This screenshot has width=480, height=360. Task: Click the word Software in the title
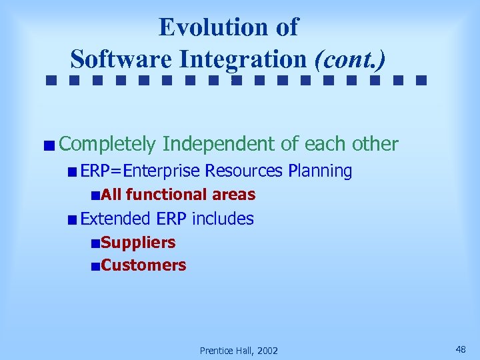(x=121, y=59)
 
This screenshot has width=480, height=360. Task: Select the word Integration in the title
(x=243, y=59)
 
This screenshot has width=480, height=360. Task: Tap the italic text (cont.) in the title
(x=350, y=59)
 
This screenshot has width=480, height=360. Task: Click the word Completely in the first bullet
(x=107, y=144)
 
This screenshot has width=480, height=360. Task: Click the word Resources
(x=244, y=171)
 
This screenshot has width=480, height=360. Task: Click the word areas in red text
(x=233, y=195)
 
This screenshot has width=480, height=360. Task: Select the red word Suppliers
(x=138, y=243)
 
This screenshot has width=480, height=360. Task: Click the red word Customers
(x=143, y=265)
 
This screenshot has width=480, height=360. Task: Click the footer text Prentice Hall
(x=226, y=351)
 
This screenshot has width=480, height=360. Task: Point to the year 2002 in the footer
(x=267, y=351)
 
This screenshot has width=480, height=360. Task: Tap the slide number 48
(x=461, y=349)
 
